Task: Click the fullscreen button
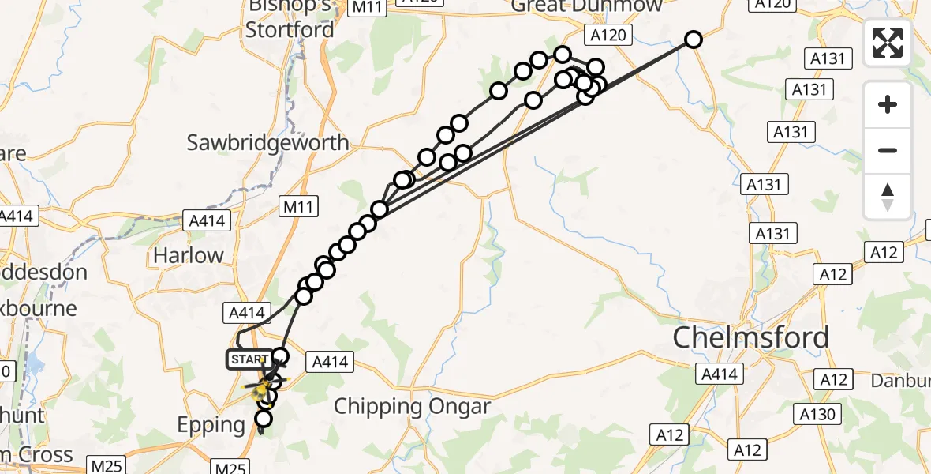point(888,42)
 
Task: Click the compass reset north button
point(888,197)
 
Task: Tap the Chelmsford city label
point(750,337)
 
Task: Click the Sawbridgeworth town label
point(267,143)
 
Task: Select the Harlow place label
point(189,255)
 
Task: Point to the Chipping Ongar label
point(412,407)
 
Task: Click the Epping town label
point(211,425)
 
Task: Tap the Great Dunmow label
point(586,6)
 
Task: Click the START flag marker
point(249,359)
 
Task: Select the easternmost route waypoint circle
point(693,39)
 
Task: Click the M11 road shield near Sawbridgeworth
point(300,208)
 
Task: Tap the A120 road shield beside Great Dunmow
point(607,35)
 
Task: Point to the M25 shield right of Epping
point(232,468)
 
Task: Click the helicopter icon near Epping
point(261,389)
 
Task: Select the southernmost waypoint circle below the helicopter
point(264,418)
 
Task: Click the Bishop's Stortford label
point(290,19)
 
